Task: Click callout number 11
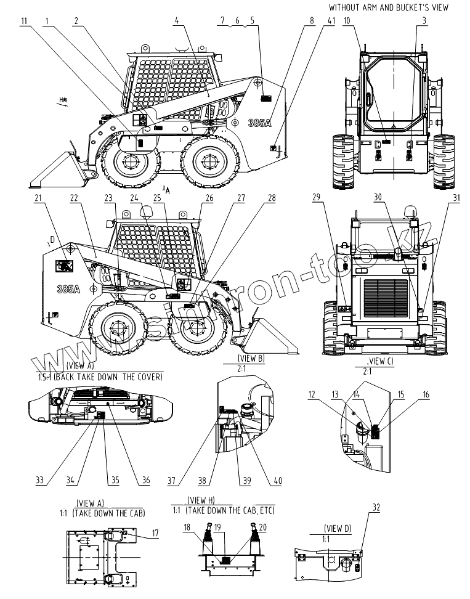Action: pyautogui.click(x=24, y=20)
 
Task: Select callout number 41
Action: pyautogui.click(x=331, y=20)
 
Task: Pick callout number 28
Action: pyautogui.click(x=272, y=198)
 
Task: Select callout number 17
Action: pyautogui.click(x=156, y=533)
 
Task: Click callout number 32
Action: pyautogui.click(x=376, y=507)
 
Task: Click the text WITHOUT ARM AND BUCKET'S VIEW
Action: pyautogui.click(x=388, y=7)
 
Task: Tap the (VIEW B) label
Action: pyautogui.click(x=251, y=358)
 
